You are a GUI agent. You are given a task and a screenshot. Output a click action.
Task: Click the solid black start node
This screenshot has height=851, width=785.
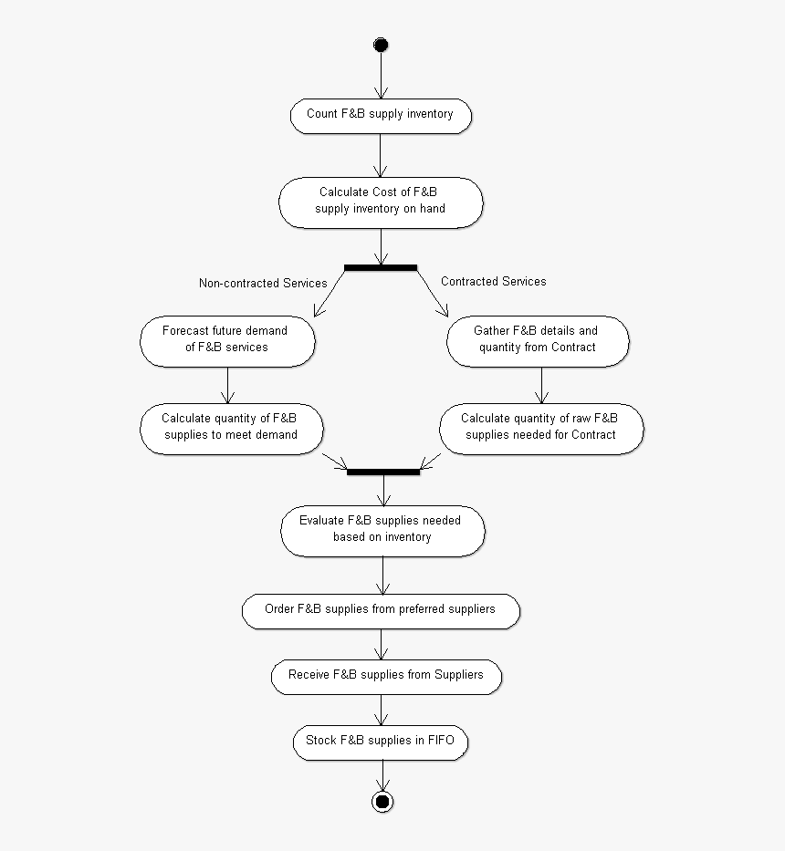pos(381,45)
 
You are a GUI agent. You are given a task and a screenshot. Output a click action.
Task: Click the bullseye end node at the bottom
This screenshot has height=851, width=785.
pos(382,802)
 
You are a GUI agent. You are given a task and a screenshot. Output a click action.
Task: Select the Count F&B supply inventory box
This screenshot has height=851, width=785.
pos(380,116)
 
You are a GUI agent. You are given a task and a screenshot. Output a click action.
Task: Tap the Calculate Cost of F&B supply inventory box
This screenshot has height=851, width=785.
pos(380,202)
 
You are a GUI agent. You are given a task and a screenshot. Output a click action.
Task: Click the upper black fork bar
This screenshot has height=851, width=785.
pos(381,267)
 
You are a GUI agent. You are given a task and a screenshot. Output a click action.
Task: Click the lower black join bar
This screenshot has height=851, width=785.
pos(383,472)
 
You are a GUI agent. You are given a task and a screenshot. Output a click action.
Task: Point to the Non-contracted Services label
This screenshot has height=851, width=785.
pos(263,284)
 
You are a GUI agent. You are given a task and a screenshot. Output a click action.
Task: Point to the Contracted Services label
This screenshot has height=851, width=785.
pos(493,282)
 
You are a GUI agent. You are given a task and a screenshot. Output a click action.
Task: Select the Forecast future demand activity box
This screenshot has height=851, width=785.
pos(227,339)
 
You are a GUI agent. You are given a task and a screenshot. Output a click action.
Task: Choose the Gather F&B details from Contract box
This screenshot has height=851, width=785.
pos(537,339)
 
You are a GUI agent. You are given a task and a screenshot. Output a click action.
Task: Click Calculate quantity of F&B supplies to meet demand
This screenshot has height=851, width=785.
pos(231,427)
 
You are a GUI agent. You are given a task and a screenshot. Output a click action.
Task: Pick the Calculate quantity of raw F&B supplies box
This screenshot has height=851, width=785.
pos(540,427)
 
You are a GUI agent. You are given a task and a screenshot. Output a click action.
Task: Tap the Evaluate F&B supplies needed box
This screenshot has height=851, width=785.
pos(382,529)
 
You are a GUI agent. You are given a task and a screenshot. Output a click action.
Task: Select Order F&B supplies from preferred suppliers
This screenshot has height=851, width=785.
pos(381,609)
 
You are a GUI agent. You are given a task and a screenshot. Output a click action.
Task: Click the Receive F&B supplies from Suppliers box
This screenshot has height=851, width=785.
pos(385,676)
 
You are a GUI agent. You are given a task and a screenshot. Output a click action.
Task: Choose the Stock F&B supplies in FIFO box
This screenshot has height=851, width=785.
pos(380,741)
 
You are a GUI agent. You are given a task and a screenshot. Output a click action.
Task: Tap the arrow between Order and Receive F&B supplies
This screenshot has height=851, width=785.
pos(382,644)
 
